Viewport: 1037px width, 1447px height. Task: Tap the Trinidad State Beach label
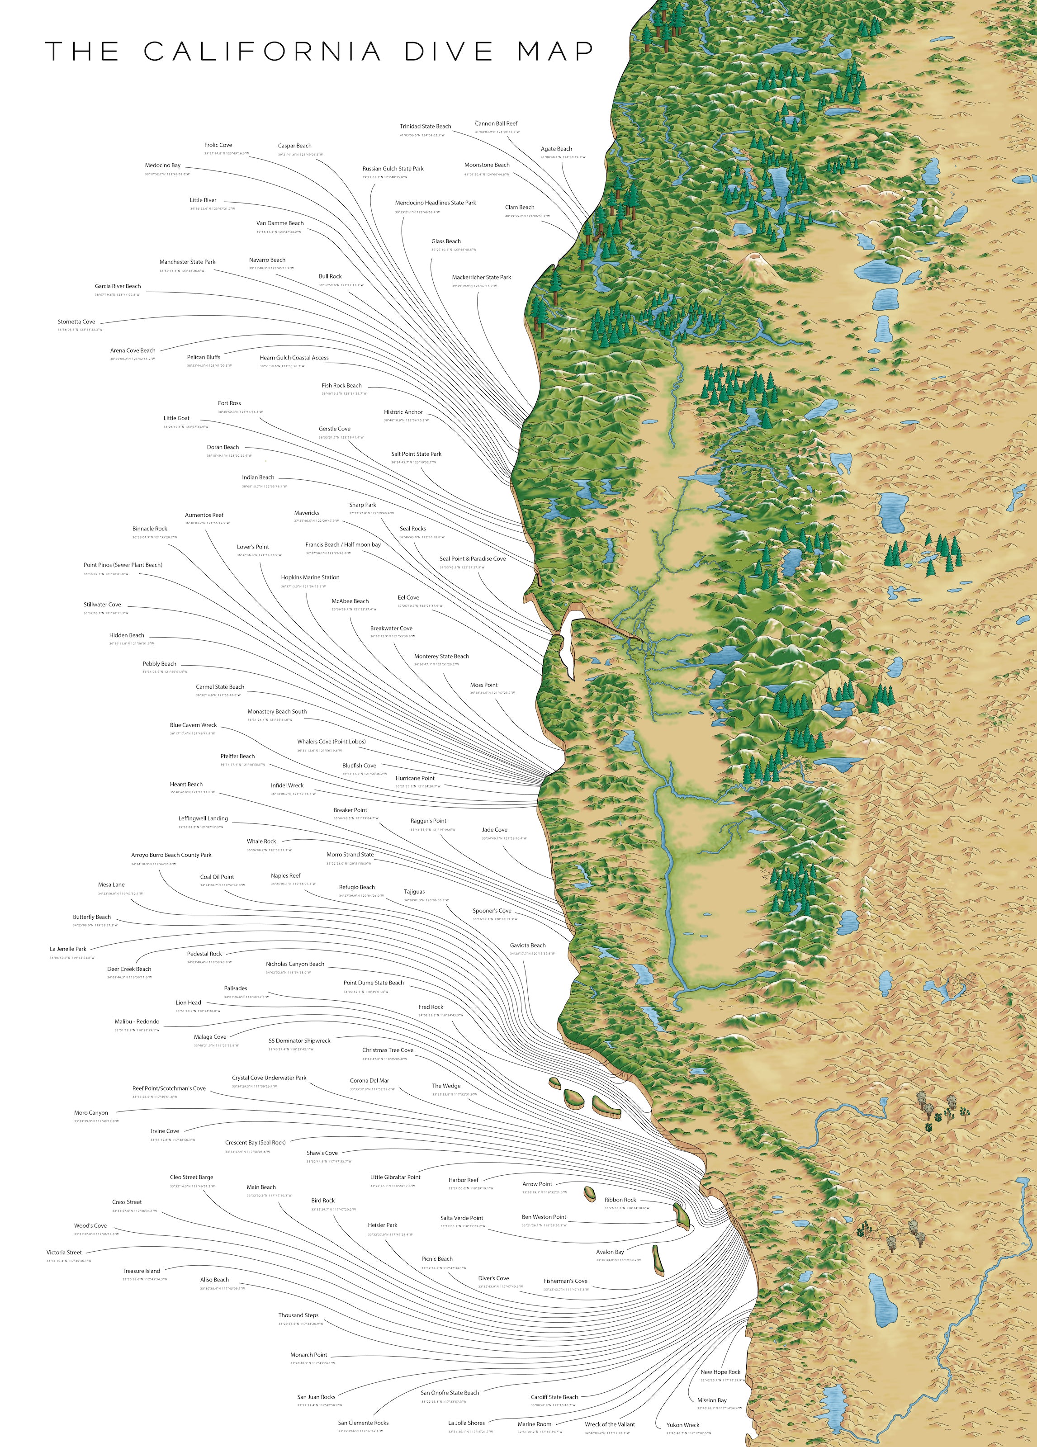[425, 126]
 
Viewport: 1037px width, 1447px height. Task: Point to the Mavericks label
[306, 513]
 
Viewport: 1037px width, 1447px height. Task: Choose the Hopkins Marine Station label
[310, 577]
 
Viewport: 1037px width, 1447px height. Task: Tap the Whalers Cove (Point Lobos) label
[331, 742]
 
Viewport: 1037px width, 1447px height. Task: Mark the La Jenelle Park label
[68, 949]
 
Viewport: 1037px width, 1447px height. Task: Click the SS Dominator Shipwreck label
[299, 1040]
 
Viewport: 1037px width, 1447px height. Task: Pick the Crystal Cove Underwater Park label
[269, 1078]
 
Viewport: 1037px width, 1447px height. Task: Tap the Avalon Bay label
[610, 1252]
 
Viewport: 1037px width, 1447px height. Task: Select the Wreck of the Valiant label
[610, 1424]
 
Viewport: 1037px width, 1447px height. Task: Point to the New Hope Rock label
[720, 1372]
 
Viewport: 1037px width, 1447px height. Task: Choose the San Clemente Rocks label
[363, 1423]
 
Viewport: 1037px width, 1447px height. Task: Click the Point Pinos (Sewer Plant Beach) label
[123, 565]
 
